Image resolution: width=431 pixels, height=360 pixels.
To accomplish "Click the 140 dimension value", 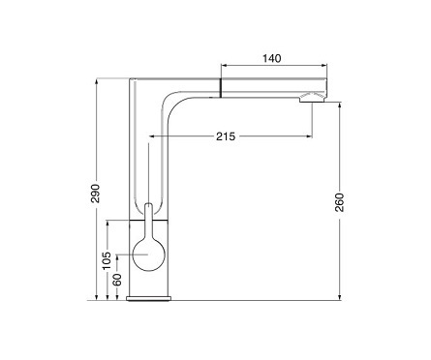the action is point(272,58).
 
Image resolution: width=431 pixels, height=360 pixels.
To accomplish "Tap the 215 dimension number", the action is point(226,136).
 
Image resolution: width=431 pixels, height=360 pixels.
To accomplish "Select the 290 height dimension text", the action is point(95,194).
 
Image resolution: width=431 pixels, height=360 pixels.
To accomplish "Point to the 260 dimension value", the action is point(339,202).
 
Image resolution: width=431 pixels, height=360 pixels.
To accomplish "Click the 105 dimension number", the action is point(107,260).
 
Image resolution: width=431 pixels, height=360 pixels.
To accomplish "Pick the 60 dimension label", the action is point(117,280).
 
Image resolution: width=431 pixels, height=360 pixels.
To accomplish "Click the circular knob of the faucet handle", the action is point(149,255).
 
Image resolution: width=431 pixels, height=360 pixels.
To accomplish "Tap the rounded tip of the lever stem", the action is point(148,205).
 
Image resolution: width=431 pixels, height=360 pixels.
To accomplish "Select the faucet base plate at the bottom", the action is point(149,298).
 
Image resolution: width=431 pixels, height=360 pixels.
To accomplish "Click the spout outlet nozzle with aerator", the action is point(313,98).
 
